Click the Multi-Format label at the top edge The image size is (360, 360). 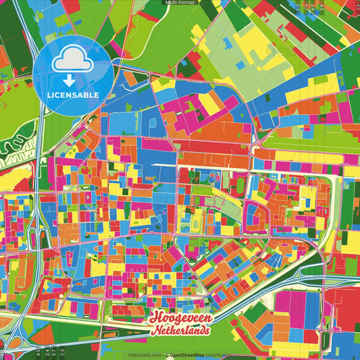[x=180, y=3]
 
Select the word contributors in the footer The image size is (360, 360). [x=216, y=354]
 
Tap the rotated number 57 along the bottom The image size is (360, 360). [x=53, y=352]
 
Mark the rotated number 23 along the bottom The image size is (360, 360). [x=61, y=352]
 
